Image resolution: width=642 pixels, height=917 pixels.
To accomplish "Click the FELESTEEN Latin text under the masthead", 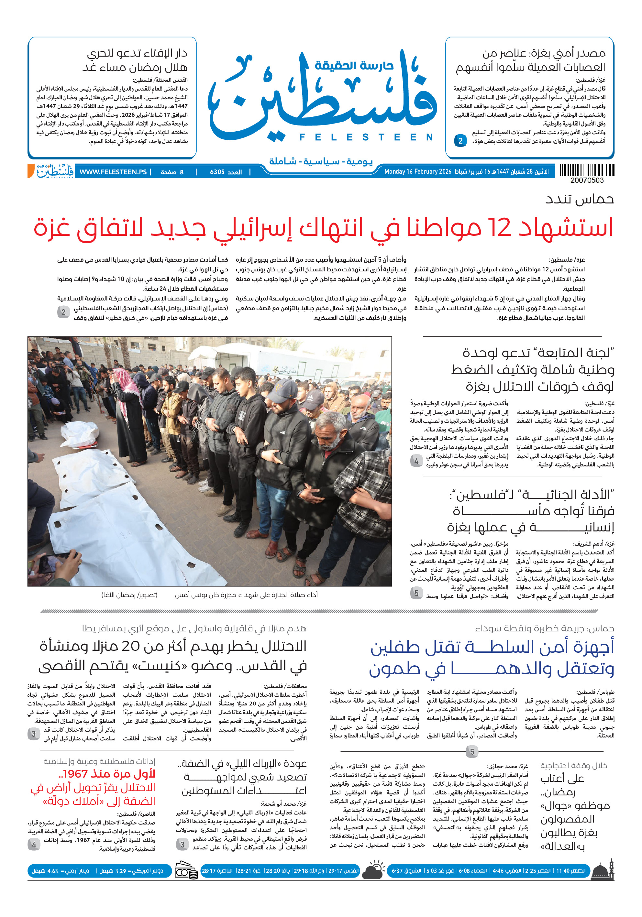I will [x=366, y=137].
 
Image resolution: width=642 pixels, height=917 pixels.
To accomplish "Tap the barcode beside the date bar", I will [x=586, y=170].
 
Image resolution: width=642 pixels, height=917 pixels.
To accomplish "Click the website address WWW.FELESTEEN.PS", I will [x=113, y=172].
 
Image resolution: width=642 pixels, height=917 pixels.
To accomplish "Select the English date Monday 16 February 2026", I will [x=417, y=172].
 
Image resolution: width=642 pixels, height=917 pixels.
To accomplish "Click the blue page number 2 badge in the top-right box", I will [x=460, y=141].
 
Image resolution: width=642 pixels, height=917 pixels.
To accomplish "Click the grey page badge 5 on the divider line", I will [x=472, y=752].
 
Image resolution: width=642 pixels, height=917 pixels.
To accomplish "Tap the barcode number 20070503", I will [x=586, y=180].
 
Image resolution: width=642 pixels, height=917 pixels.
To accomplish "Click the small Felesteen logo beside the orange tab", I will [x=55, y=171].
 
